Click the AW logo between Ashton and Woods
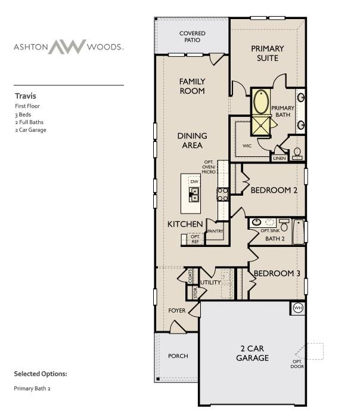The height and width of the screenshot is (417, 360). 67,47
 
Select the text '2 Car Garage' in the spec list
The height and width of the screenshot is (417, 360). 30,129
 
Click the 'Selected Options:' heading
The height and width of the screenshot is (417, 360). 41,374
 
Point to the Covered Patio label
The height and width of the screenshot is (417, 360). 193,37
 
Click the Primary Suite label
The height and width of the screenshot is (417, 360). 267,53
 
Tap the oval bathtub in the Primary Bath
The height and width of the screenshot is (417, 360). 261,102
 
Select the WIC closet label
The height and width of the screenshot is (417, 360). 247,145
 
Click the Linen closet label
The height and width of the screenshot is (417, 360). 279,159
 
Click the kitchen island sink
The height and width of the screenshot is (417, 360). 194,194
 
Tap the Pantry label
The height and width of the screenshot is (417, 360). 215,230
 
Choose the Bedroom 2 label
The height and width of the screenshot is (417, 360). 274,190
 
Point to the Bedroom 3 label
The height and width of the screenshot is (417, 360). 277,274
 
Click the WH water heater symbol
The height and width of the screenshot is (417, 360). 297,308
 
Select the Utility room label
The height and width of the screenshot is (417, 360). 210,282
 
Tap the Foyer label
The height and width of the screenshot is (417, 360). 177,311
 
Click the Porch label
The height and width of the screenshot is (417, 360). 178,356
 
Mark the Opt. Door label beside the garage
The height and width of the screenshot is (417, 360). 297,364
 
